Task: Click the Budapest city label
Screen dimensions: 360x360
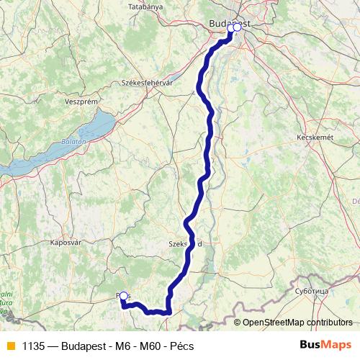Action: (229, 24)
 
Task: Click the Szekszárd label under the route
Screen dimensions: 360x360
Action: (185, 243)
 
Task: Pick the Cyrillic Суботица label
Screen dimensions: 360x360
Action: (312, 291)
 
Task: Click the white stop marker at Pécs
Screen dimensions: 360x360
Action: (124, 296)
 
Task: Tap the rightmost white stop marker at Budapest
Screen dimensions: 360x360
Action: (238, 28)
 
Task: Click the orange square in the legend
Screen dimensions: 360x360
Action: (10, 346)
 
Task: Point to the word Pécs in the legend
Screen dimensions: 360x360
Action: (181, 346)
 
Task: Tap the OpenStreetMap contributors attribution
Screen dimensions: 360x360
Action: (295, 322)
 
